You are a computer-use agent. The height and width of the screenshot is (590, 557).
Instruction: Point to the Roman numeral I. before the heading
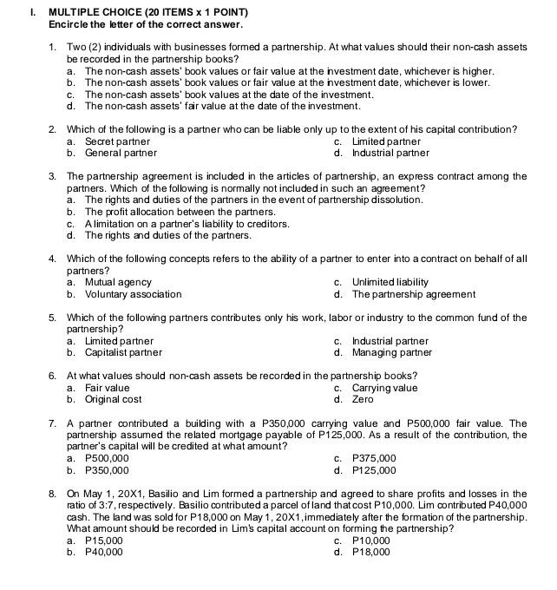[x=31, y=11]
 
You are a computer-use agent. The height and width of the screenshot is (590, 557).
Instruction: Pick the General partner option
[x=121, y=153]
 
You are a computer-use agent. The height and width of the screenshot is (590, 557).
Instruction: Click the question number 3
[x=53, y=176]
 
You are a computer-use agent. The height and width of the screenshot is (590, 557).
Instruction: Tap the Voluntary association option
[x=133, y=294]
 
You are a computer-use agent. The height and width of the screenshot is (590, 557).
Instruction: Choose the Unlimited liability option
[x=390, y=282]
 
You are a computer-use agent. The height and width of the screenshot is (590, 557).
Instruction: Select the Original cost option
[x=113, y=400]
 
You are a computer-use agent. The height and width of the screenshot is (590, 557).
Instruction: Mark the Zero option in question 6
[x=363, y=400]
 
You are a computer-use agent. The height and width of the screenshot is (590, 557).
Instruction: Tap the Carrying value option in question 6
[x=384, y=388]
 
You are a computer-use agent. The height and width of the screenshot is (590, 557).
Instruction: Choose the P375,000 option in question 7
[x=374, y=459]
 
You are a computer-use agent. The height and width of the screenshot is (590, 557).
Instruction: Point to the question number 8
[x=53, y=494]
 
